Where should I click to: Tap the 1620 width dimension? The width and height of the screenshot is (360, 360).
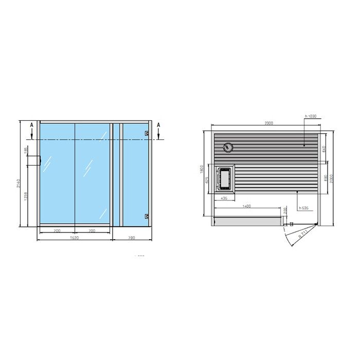75,239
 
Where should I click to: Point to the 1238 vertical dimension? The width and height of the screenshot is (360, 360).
27,195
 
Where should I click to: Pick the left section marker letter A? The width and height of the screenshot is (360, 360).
32,125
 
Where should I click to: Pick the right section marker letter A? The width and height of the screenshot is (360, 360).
159,125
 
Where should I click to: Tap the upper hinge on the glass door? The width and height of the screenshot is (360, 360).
147,134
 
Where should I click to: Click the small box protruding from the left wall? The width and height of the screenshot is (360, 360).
37,160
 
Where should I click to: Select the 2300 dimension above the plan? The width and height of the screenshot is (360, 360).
268,124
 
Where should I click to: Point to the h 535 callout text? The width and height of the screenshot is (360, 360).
303,208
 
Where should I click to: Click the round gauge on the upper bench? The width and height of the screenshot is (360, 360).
230,148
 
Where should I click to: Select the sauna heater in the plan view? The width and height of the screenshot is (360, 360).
224,178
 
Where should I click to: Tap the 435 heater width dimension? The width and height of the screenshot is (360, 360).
224,197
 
